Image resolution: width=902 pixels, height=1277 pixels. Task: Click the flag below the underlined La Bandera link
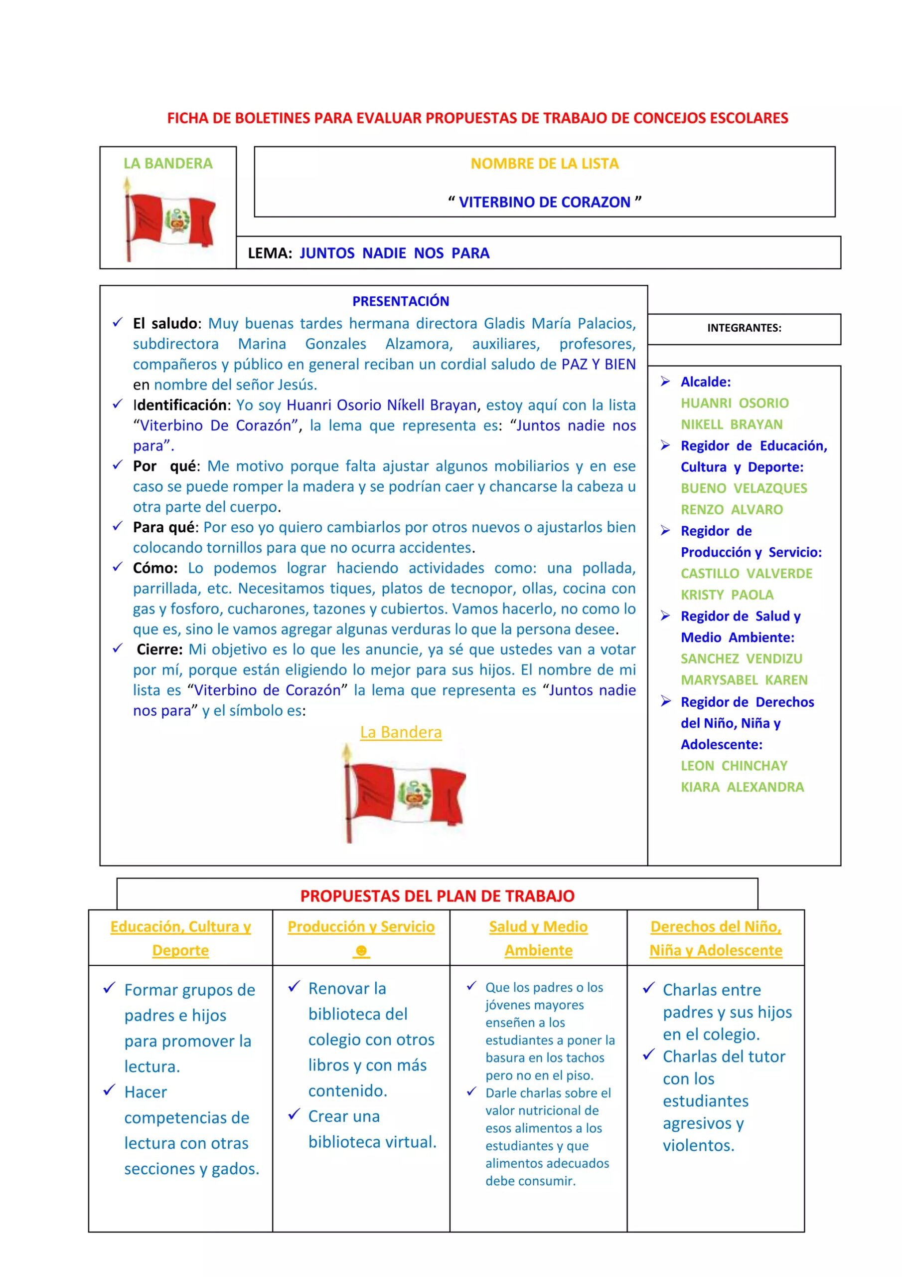click(404, 794)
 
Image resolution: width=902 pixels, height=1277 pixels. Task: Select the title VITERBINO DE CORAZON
click(544, 202)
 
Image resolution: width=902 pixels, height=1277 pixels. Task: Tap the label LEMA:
click(270, 253)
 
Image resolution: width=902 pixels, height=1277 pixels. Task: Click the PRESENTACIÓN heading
click(400, 301)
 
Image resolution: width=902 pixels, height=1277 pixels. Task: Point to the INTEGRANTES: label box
click(744, 329)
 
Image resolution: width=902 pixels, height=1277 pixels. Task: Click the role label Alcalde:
click(705, 382)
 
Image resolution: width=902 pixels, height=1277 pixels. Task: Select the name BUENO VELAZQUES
click(744, 488)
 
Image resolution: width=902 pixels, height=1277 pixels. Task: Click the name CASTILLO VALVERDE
click(746, 574)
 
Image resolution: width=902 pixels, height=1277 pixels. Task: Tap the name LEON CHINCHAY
click(734, 766)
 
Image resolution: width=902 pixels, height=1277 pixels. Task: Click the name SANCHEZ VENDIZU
click(741, 659)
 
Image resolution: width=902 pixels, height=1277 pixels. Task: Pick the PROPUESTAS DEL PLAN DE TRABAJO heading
click(437, 896)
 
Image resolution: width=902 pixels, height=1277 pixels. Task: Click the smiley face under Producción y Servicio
click(361, 951)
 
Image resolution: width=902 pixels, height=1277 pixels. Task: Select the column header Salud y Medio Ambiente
click(538, 938)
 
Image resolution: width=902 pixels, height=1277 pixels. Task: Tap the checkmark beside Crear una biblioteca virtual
click(294, 1114)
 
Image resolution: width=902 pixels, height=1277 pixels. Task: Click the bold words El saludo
click(165, 324)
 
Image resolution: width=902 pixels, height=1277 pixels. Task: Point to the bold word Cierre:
click(159, 649)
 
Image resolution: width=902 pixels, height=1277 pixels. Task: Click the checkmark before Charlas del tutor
click(648, 1055)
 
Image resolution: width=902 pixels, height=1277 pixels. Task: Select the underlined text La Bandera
click(400, 732)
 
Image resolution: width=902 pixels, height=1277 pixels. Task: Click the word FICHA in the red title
click(188, 118)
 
